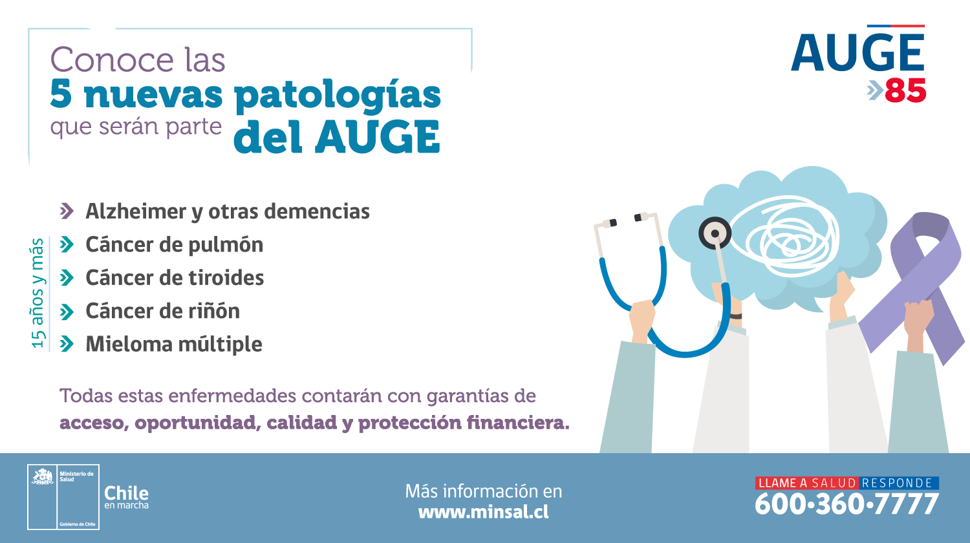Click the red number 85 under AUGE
click(x=905, y=90)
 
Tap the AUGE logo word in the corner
click(x=858, y=52)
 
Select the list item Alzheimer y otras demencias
click(x=228, y=212)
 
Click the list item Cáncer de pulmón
click(x=174, y=245)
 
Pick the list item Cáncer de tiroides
click(x=175, y=278)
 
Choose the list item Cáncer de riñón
click(x=162, y=311)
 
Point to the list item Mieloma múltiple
click(x=174, y=345)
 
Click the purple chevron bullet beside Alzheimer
click(x=67, y=211)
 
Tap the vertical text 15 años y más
click(x=38, y=293)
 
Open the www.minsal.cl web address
click(x=483, y=512)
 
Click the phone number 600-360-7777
click(x=846, y=504)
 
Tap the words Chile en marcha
click(x=127, y=497)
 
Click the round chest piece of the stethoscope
click(x=715, y=233)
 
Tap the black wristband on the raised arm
click(x=735, y=316)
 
